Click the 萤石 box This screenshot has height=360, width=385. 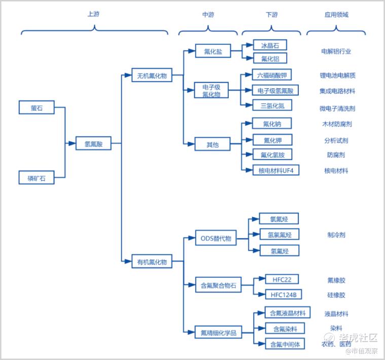pos(37,107)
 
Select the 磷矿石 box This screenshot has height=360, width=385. pos(37,177)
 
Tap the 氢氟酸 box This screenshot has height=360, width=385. pos(93,143)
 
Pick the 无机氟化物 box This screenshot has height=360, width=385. pos(152,75)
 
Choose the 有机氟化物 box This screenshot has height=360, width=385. pos(152,261)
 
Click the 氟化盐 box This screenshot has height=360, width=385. pos(213,51)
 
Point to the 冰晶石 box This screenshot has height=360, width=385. pos(270,45)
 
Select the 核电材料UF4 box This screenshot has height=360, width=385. pos(276,170)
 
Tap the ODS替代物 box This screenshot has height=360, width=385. pos(216,238)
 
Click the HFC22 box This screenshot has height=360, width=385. pos(282,279)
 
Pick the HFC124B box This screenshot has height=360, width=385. pos(284,295)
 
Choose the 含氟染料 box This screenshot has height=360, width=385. pos(285,329)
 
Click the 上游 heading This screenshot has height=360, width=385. pos(93,14)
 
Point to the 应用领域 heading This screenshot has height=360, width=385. pos(336,15)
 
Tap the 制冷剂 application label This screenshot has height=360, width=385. pos(336,235)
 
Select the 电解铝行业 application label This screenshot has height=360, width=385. pos(336,51)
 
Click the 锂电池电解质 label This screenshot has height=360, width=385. pos(338,76)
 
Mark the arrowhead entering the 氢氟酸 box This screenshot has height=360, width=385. pos(72,143)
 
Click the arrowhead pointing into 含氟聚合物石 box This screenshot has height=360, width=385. pos(192,285)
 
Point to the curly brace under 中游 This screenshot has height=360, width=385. pos(208,30)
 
